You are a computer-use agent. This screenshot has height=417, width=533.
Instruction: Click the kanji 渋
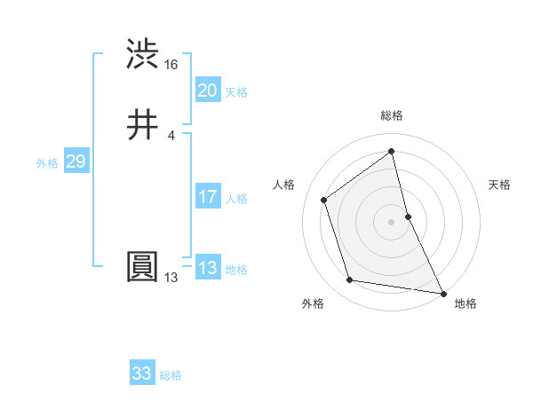coord(143,54)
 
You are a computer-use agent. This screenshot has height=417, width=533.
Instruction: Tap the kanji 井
coord(143,125)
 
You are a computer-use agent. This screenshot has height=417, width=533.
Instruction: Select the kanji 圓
coord(143,267)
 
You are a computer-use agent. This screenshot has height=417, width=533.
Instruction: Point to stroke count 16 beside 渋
coord(171,65)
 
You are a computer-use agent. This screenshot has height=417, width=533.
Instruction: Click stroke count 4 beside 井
coord(171,136)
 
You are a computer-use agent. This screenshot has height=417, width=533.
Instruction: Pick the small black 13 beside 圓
coord(171,278)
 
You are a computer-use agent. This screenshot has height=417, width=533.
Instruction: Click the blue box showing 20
coord(207,90)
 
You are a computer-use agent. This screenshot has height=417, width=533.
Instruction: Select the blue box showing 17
coord(207,197)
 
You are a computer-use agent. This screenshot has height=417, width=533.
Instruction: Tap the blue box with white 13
coord(207,268)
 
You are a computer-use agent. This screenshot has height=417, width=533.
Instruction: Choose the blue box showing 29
coord(76,161)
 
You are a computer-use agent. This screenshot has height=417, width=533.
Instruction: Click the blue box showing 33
coord(141,374)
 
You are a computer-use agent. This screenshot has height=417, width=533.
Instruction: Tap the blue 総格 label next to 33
coord(171,375)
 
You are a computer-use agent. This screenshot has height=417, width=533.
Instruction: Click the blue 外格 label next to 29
coord(47,163)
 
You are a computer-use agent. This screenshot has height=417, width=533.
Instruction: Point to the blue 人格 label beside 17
coord(237,199)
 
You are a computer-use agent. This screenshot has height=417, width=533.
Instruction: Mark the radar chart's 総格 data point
coord(392,152)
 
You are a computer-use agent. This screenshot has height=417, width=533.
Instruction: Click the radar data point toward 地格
coord(442,293)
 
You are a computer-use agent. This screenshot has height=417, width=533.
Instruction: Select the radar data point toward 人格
coord(324,200)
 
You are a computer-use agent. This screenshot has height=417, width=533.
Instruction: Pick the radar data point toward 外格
coord(350,280)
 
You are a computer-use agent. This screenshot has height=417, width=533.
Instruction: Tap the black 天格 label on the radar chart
coord(499,185)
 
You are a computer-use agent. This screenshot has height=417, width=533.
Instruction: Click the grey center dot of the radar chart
coord(392,221)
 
